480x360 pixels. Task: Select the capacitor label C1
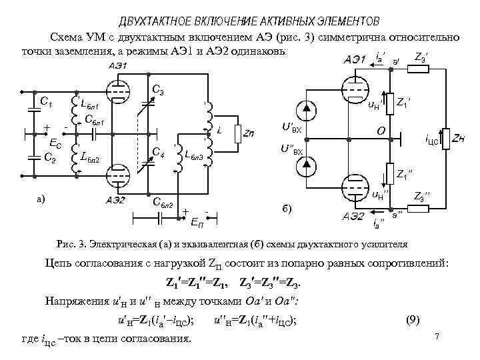click(47, 101)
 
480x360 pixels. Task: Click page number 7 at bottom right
click(437, 335)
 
